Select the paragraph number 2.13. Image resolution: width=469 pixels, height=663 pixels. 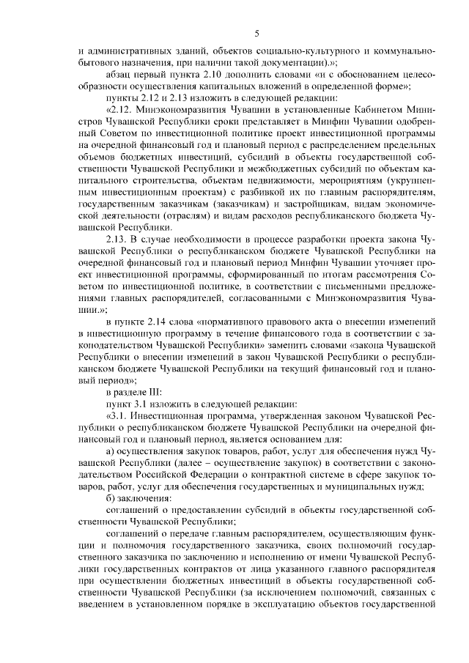[x=118, y=240]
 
